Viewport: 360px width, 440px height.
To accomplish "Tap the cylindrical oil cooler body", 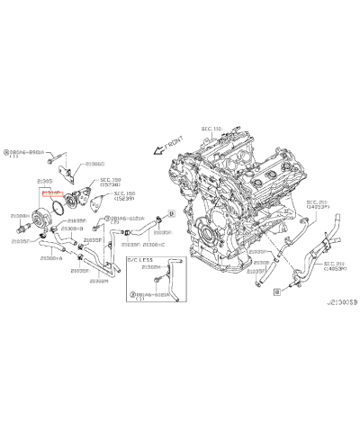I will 41,216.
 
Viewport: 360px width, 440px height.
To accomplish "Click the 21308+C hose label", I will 154,244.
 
